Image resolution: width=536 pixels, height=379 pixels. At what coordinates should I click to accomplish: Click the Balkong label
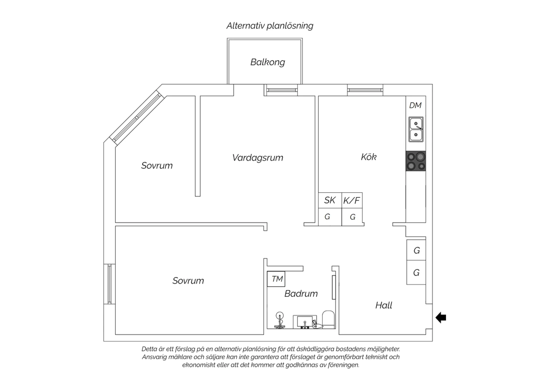(x=268, y=62)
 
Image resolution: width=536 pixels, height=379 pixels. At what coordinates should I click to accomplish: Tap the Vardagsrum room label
(x=258, y=158)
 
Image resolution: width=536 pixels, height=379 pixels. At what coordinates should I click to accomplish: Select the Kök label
(x=368, y=157)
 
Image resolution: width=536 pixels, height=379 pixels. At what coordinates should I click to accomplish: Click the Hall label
(x=383, y=305)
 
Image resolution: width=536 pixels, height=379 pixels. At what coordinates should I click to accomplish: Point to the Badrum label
(x=301, y=294)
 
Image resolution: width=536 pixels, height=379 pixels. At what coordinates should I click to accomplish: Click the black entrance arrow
(x=441, y=318)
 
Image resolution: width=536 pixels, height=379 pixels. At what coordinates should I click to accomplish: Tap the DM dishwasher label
(x=415, y=105)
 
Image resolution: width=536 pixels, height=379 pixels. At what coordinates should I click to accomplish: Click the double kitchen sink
(x=416, y=129)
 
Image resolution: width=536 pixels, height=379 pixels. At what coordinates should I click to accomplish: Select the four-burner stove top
(x=416, y=161)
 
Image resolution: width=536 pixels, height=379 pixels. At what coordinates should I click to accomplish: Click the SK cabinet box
(x=330, y=200)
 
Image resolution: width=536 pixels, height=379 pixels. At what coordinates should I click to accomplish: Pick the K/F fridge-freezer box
(x=352, y=200)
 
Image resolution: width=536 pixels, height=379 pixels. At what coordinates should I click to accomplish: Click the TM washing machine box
(x=276, y=279)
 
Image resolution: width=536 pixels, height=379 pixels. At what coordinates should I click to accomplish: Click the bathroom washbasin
(x=305, y=322)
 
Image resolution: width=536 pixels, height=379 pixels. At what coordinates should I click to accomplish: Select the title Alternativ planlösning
(x=270, y=26)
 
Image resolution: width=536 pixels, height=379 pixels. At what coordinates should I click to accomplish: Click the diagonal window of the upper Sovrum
(x=137, y=118)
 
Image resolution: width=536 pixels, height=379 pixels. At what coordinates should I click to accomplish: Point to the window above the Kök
(x=365, y=90)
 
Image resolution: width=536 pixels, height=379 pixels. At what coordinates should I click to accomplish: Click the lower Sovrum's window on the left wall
(x=110, y=284)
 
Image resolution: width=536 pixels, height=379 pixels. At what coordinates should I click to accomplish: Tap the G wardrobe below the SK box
(x=330, y=217)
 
